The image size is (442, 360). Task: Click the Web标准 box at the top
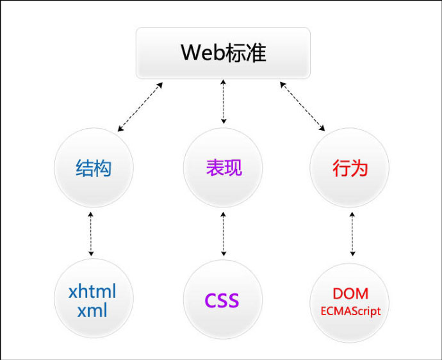223,53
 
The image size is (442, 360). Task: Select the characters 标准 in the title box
247,53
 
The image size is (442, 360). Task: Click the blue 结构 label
93,168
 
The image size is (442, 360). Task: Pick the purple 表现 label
224,168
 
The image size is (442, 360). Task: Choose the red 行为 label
350,168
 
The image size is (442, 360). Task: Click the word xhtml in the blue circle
93,293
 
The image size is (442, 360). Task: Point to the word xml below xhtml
93,311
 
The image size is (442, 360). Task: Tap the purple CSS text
222,300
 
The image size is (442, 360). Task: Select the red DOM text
350,293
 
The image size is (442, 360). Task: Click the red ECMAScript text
350,311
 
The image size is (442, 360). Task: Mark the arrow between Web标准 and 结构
140,107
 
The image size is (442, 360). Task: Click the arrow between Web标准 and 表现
223,101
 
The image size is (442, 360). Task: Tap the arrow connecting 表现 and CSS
223,234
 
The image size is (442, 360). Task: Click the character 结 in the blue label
84,168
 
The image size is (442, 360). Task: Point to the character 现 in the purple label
233,168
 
